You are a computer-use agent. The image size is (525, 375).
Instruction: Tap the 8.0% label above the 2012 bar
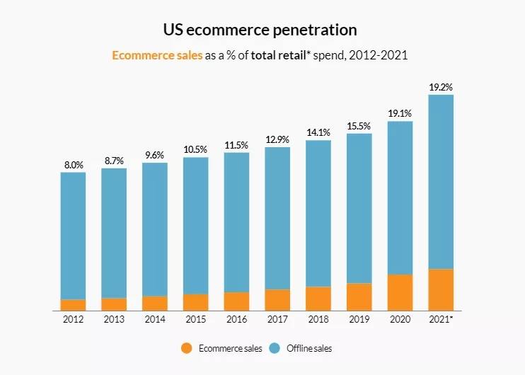(x=74, y=165)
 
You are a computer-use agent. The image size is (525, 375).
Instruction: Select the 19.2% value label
(x=441, y=87)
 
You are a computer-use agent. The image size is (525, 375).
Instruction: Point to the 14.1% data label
(x=318, y=132)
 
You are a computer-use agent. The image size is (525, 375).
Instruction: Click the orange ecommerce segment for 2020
(x=400, y=292)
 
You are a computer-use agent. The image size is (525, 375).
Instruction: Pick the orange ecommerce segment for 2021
(x=441, y=289)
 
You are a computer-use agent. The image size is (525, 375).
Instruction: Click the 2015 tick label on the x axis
(x=196, y=320)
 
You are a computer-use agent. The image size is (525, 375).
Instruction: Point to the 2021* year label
(x=442, y=320)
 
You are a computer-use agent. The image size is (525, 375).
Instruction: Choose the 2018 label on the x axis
(x=318, y=320)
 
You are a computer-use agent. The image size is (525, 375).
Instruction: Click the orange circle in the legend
(x=186, y=348)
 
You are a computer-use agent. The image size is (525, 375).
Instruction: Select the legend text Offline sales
(x=308, y=348)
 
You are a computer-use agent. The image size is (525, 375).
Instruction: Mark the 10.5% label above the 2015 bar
(x=196, y=149)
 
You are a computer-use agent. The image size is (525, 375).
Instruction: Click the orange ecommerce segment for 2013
(x=114, y=304)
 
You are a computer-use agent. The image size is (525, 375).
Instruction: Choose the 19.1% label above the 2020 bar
(x=400, y=113)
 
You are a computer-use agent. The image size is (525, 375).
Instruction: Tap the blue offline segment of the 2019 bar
(x=359, y=208)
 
